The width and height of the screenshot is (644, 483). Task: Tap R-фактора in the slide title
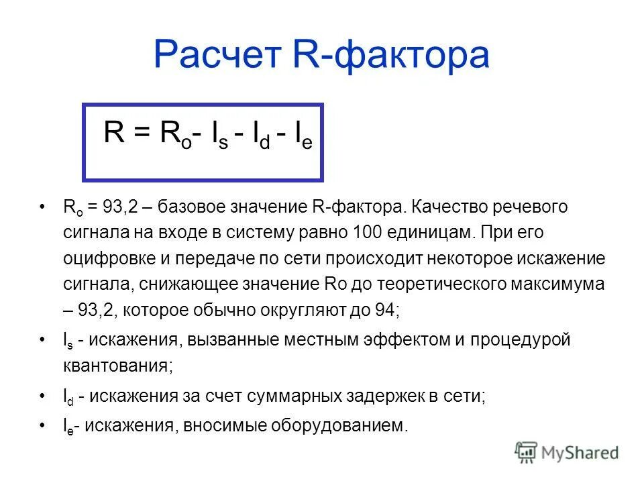point(392,55)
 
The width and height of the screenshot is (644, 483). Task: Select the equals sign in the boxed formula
point(141,133)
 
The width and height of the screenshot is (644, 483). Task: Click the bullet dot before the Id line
point(42,396)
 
